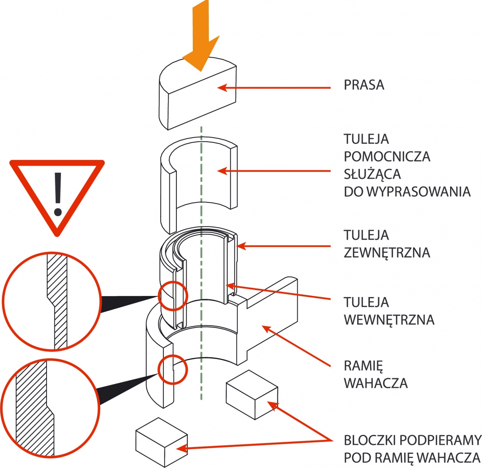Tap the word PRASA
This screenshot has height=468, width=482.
pyautogui.click(x=364, y=85)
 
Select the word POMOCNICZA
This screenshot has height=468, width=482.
pyautogui.click(x=387, y=157)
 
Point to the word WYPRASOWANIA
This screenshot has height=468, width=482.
pyautogui.click(x=419, y=192)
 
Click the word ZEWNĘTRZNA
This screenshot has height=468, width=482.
pyautogui.click(x=387, y=253)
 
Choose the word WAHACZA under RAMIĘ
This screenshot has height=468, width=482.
pyautogui.click(x=376, y=383)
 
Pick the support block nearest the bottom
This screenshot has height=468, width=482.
pyautogui.click(x=161, y=441)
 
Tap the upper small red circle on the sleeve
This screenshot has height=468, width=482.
pyautogui.click(x=173, y=296)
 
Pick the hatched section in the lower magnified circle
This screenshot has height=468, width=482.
pyautogui.click(x=33, y=407)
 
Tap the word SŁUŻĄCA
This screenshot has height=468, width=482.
pyautogui.click(x=372, y=174)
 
